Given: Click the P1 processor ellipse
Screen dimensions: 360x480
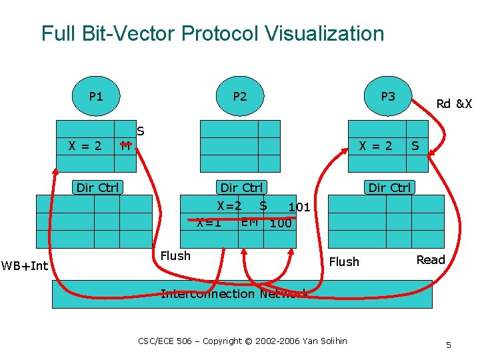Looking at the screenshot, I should tap(96, 97).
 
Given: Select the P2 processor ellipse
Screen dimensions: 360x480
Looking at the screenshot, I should tap(240, 97).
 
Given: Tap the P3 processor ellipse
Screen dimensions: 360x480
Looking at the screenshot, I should tap(387, 97).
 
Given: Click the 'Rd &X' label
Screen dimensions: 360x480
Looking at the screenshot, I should tap(453, 104).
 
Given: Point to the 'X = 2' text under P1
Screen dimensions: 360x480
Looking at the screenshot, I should tap(85, 145).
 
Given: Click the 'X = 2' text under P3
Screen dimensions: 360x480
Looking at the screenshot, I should tap(376, 145).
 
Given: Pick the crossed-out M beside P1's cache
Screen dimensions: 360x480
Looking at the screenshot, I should tap(125, 146).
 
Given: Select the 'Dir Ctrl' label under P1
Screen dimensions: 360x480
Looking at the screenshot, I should tap(97, 187).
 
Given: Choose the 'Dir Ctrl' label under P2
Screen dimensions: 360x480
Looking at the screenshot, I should tap(241, 187).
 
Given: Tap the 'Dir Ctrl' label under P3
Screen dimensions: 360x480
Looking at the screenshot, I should tap(389, 187).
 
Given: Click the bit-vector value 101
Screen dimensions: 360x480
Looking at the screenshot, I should tap(299, 207).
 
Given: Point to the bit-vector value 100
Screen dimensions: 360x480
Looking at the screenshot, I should tap(281, 223).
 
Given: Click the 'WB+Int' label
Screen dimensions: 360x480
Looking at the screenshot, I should tap(25, 267).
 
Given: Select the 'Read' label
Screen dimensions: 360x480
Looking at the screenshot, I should tap(431, 260).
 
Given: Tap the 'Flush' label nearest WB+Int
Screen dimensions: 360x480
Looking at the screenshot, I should tap(176, 256).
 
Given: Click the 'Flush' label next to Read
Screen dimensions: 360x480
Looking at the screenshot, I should tap(344, 262).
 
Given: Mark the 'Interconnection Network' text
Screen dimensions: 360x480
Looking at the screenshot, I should tap(234, 294).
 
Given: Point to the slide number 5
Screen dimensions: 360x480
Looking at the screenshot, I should tap(449, 345).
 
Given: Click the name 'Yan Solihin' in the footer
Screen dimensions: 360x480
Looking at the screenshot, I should tap(325, 341).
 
